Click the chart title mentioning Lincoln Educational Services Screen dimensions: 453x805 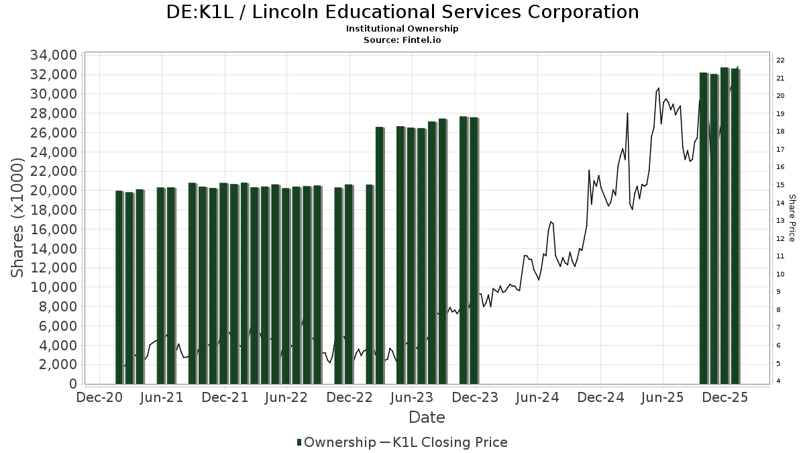coord(402,12)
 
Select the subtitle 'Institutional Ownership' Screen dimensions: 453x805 coord(402,29)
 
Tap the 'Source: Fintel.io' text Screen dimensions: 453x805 coord(402,40)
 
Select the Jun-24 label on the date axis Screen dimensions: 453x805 coord(537,397)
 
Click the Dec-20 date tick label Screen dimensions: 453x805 coord(99,397)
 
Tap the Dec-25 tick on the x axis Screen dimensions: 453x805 coord(725,397)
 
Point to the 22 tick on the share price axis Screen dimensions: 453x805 coord(780,60)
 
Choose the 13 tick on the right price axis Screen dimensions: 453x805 coord(780,221)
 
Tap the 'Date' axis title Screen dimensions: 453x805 coord(427,417)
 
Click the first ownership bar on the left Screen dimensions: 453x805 coord(119,287)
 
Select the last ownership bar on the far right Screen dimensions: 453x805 coord(735,226)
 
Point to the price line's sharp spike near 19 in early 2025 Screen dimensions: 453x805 coord(627,114)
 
